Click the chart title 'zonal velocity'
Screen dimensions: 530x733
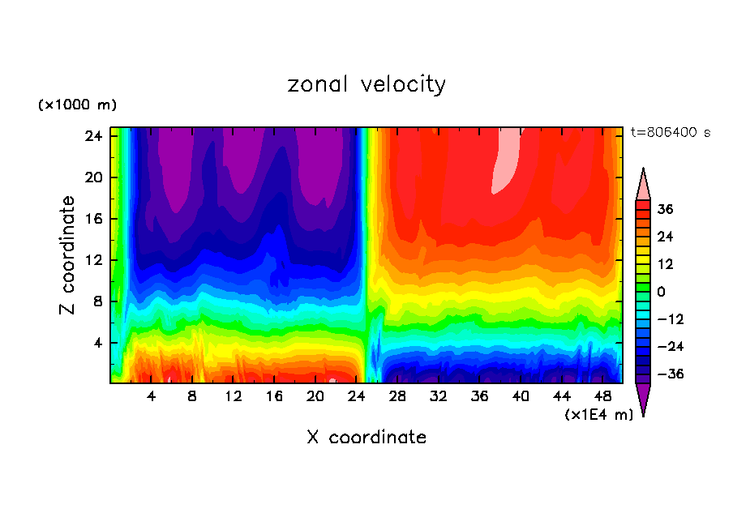pyautogui.click(x=366, y=84)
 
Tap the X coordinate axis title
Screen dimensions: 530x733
pyautogui.click(x=366, y=438)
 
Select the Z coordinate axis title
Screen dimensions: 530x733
pyautogui.click(x=69, y=254)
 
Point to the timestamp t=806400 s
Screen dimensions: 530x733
pyautogui.click(x=670, y=132)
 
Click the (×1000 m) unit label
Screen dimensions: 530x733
pyautogui.click(x=77, y=105)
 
